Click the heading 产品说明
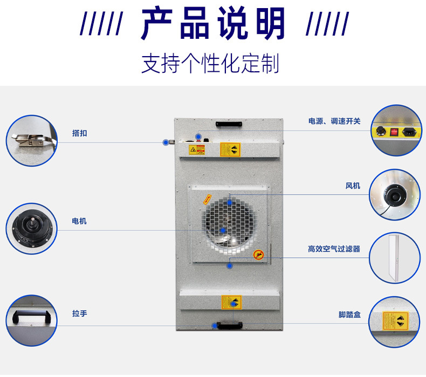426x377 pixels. tap(213, 24)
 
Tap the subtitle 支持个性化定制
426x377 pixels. tap(210, 63)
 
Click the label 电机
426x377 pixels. tap(79, 221)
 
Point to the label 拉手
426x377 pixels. tap(79, 313)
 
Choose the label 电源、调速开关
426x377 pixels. tap(334, 121)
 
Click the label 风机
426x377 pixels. tap(353, 186)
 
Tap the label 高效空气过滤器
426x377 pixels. tap(334, 249)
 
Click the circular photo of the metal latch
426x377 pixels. tap(31, 140)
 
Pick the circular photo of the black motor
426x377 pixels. tap(31, 228)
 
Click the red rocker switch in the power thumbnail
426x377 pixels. tap(394, 131)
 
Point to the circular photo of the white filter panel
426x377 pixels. tap(395, 257)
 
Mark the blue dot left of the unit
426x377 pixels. tap(166, 142)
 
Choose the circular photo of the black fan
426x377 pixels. tap(395, 195)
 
